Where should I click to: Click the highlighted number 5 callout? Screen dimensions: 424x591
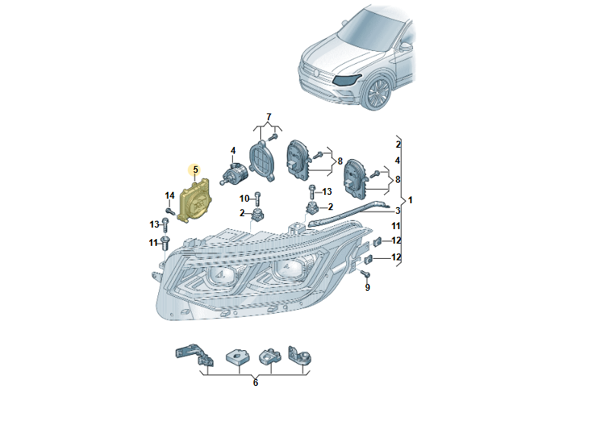pyautogui.click(x=195, y=169)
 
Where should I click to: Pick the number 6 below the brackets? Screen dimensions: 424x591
pyautogui.click(x=256, y=382)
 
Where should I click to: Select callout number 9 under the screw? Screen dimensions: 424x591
pyautogui.click(x=367, y=287)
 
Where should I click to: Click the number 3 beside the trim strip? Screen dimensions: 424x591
pyautogui.click(x=397, y=209)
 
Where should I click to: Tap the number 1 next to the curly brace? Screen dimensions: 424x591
pyautogui.click(x=411, y=199)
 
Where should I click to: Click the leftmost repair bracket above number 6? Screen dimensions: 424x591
pyautogui.click(x=189, y=355)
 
